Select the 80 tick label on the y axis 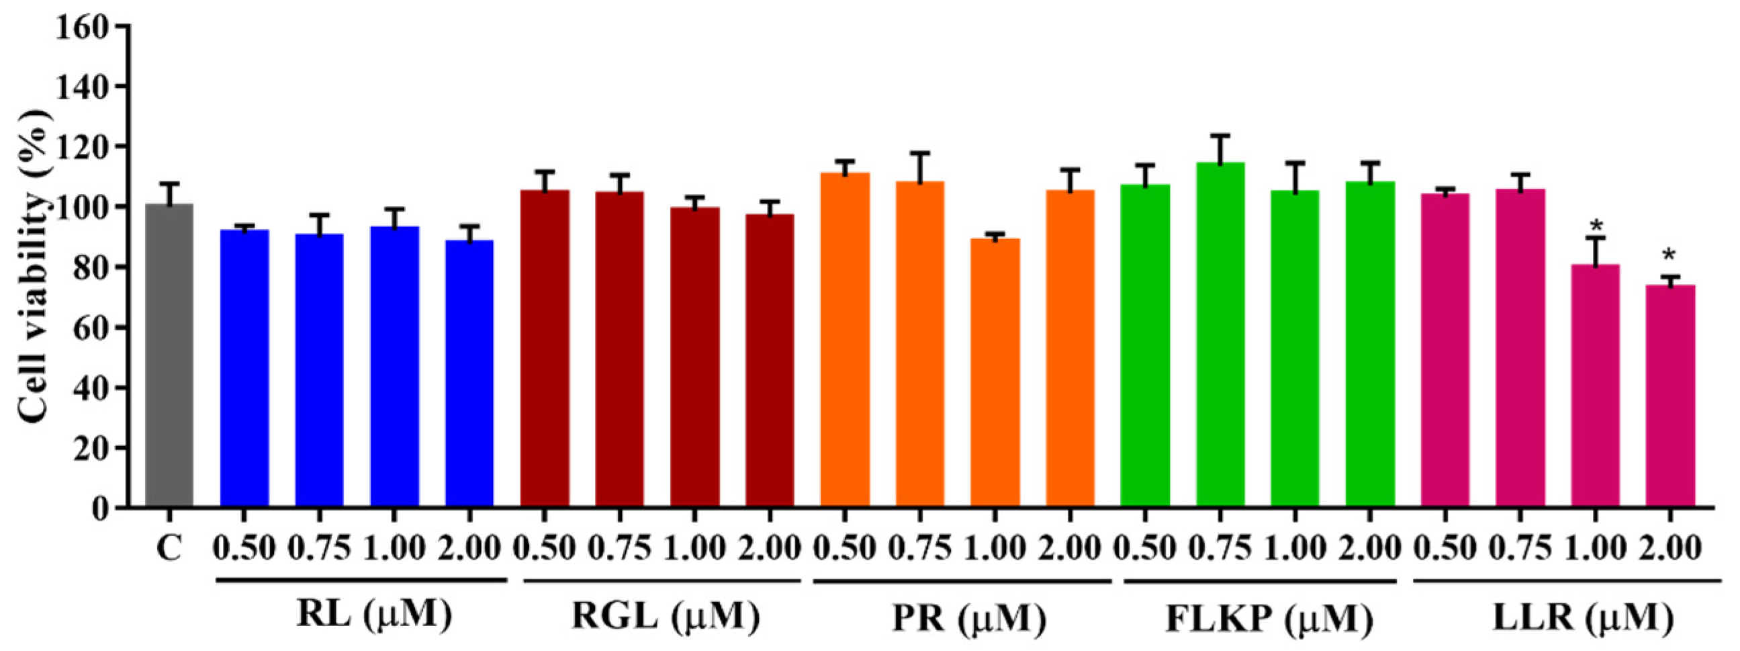pyautogui.click(x=91, y=267)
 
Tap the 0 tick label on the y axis pyautogui.click(x=100, y=509)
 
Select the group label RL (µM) pyautogui.click(x=373, y=616)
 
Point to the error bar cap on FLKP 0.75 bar pyautogui.click(x=1220, y=136)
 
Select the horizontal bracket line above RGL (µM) pyautogui.click(x=661, y=580)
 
